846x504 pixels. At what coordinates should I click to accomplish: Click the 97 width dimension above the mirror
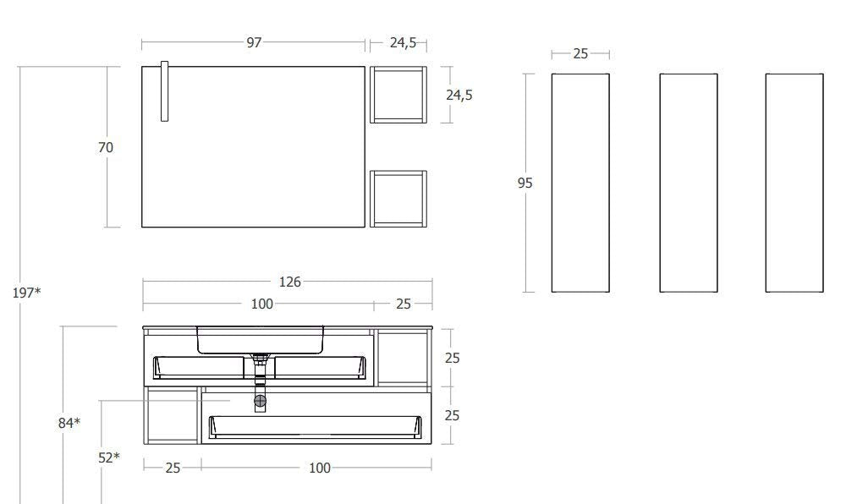click(254, 42)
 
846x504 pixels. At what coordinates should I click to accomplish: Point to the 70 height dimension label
click(106, 147)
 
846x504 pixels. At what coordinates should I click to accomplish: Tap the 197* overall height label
click(26, 293)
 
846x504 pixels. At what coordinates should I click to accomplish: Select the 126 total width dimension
click(289, 282)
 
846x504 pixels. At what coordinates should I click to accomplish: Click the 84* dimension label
click(69, 423)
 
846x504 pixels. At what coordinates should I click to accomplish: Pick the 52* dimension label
click(109, 457)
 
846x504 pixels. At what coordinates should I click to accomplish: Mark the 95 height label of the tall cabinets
click(525, 184)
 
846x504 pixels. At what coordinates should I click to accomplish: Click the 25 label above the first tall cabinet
click(580, 54)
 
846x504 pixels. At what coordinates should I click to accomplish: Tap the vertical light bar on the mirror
click(165, 91)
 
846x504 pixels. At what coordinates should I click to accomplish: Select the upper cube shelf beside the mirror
click(398, 95)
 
